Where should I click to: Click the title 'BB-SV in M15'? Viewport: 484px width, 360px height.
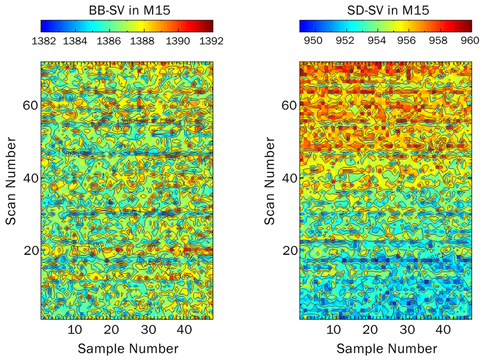pos(127,10)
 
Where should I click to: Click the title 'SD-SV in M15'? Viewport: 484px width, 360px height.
pos(386,10)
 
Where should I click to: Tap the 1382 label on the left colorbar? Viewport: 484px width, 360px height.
pos(45,41)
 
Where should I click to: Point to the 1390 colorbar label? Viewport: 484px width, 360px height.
pos(178,41)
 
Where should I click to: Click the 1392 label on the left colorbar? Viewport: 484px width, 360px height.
pos(211,41)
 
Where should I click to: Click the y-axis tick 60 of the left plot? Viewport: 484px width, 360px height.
pos(31,105)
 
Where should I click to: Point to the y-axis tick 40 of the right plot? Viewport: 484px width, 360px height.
pos(290,178)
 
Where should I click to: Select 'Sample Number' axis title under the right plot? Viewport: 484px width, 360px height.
pos(387,349)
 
